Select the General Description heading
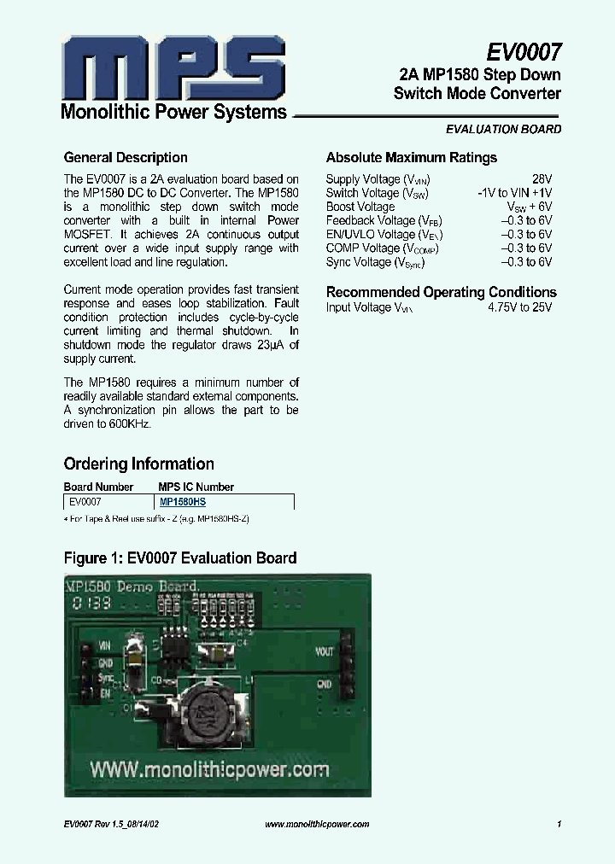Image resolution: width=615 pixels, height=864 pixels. click(126, 158)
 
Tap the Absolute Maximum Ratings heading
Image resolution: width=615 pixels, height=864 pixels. click(411, 158)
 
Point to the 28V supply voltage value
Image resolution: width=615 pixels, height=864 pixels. click(542, 179)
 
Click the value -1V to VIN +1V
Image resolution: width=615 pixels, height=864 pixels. click(514, 193)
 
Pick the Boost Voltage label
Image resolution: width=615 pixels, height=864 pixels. click(360, 207)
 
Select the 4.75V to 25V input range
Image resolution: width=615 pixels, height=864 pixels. click(519, 307)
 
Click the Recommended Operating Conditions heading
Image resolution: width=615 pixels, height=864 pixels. click(441, 292)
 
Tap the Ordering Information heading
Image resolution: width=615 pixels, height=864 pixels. click(138, 464)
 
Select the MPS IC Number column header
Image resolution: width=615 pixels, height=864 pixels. click(196, 487)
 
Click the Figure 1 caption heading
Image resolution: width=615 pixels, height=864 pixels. click(180, 558)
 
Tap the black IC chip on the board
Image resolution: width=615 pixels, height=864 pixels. click(179, 651)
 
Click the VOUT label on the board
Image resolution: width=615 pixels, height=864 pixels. click(325, 651)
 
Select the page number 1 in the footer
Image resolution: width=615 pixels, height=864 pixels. click(558, 824)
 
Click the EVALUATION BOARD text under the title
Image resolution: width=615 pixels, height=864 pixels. click(504, 130)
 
